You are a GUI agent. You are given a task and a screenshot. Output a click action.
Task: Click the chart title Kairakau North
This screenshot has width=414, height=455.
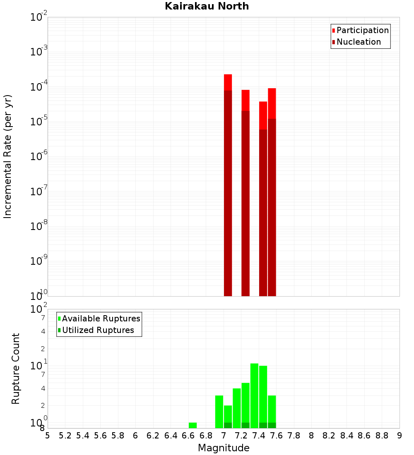click(x=207, y=6)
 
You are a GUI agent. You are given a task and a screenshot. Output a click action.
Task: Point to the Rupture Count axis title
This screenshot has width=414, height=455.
click(x=16, y=369)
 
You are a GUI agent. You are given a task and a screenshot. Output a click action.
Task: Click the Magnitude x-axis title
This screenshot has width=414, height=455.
click(x=224, y=448)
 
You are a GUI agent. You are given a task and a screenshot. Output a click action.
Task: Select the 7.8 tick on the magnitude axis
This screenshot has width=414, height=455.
click(x=294, y=436)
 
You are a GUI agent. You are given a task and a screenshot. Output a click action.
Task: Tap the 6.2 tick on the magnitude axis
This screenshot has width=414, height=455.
click(x=153, y=436)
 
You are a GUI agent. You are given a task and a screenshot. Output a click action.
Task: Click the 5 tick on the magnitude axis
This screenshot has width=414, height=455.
click(x=48, y=436)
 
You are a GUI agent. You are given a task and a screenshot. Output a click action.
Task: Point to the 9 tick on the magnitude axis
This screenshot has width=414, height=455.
click(x=400, y=436)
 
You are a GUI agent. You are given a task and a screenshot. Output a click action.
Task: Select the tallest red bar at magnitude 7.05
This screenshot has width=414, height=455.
click(x=228, y=186)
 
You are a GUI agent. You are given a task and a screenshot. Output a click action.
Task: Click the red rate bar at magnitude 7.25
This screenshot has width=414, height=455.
click(x=246, y=194)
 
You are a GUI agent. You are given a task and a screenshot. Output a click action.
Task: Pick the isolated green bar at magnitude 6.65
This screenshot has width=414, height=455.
click(x=193, y=425)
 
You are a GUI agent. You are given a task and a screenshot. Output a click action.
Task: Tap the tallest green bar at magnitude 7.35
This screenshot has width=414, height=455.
click(x=254, y=395)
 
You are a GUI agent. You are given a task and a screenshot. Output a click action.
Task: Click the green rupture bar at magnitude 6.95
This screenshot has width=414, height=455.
click(x=219, y=412)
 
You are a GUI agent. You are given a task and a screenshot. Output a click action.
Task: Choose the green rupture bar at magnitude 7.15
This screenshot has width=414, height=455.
click(x=237, y=407)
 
